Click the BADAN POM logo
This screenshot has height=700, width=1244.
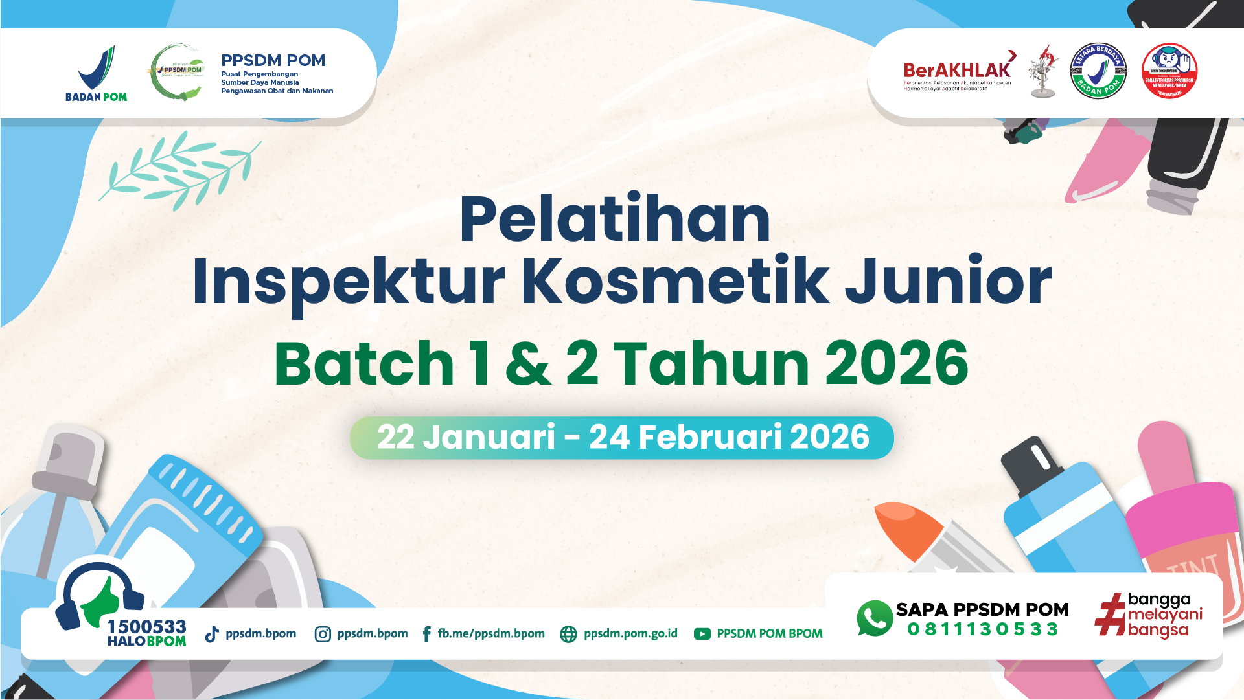[97, 73]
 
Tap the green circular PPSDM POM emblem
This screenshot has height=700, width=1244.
[177, 73]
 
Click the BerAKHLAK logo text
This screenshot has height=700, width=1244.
[957, 70]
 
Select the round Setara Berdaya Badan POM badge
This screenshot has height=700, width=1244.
[1098, 71]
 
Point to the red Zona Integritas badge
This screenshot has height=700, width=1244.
[1169, 71]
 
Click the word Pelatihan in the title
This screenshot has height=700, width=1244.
[615, 220]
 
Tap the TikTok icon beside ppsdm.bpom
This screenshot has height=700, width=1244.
[212, 634]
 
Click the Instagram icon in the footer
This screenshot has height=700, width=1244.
[323, 634]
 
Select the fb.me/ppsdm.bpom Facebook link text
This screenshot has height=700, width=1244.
[490, 633]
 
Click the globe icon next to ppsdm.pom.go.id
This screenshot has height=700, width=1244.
[568, 634]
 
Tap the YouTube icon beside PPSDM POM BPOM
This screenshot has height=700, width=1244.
[702, 634]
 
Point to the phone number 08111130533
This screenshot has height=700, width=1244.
[982, 629]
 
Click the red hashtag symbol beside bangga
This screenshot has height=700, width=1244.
[1110, 615]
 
